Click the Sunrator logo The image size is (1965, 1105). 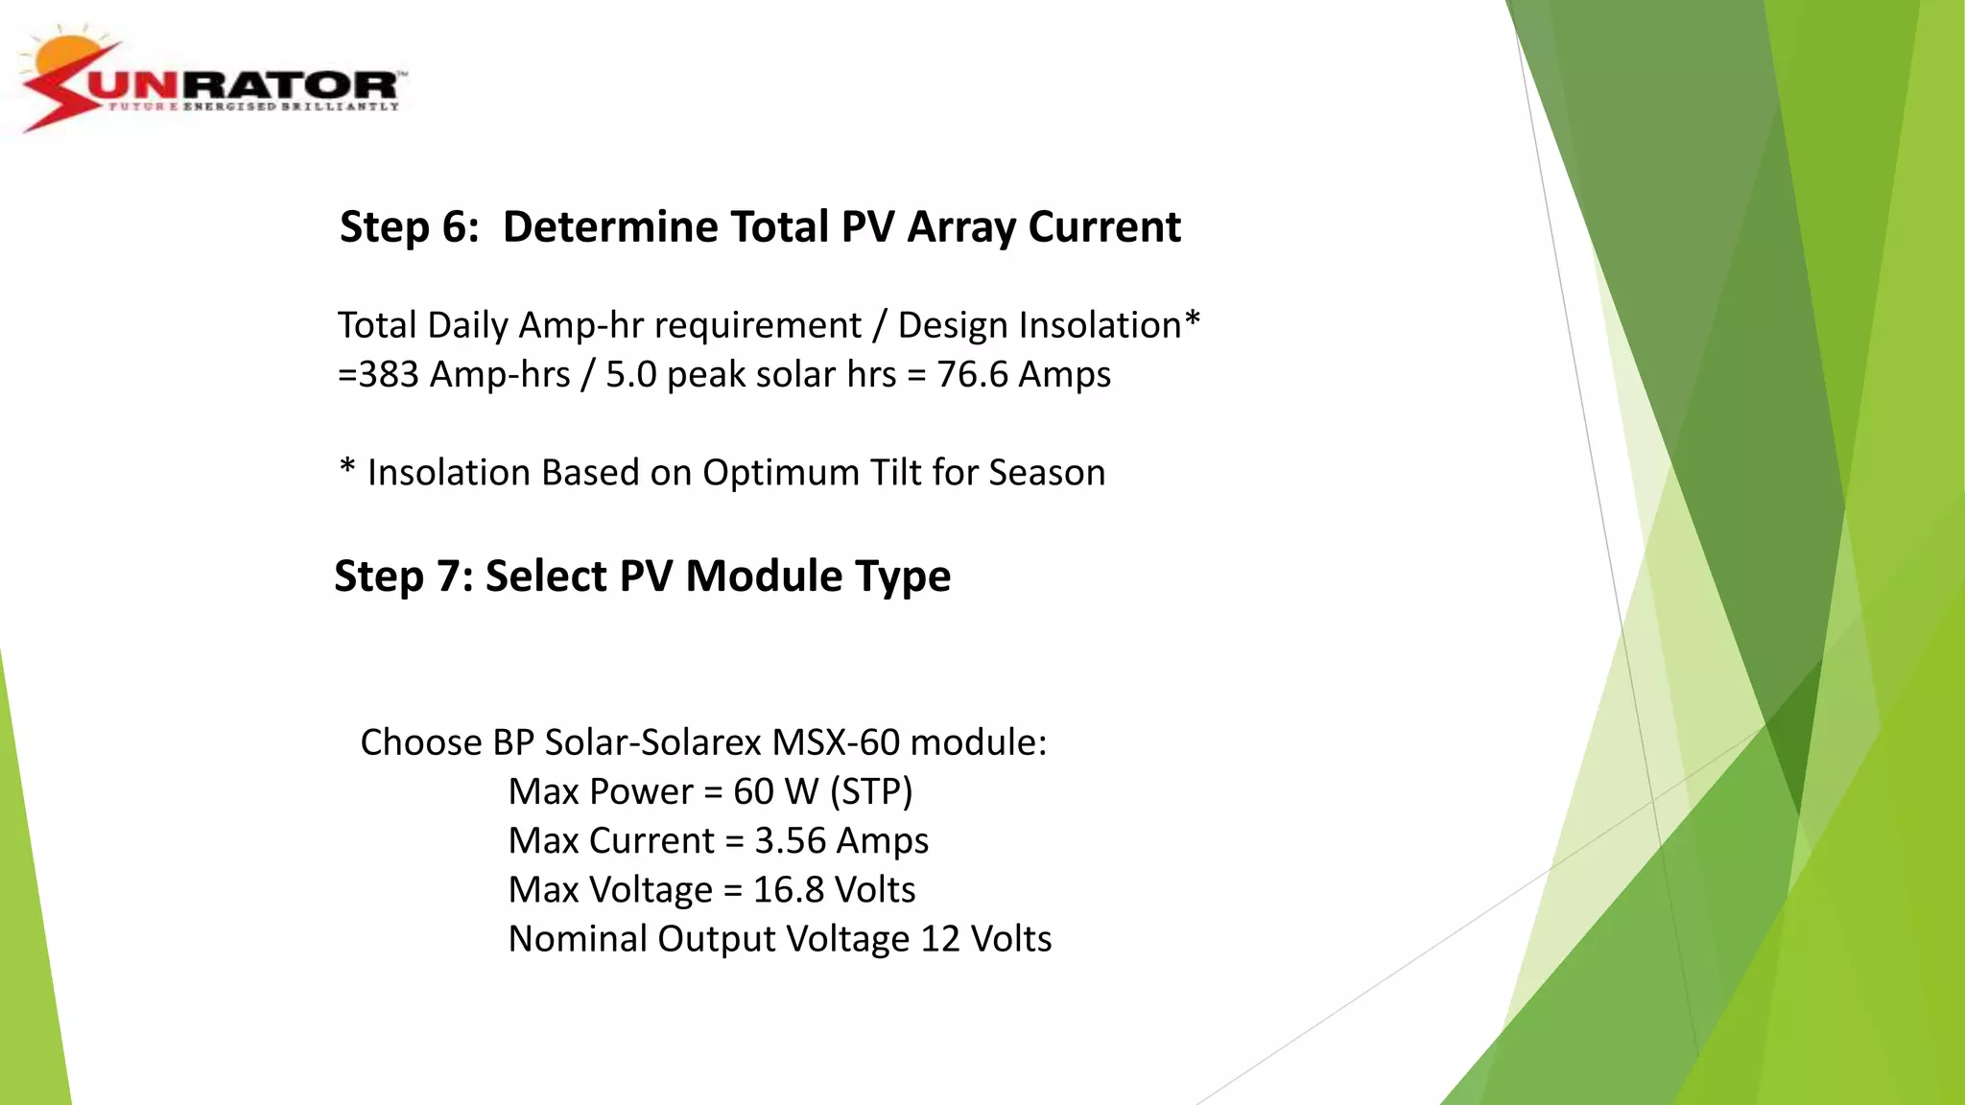point(213,82)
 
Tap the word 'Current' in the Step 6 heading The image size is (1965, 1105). point(1104,227)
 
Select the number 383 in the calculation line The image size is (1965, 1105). point(389,374)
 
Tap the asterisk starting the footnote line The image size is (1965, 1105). point(347,470)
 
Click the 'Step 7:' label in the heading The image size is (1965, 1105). point(404,576)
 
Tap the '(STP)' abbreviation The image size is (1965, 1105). point(871,791)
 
